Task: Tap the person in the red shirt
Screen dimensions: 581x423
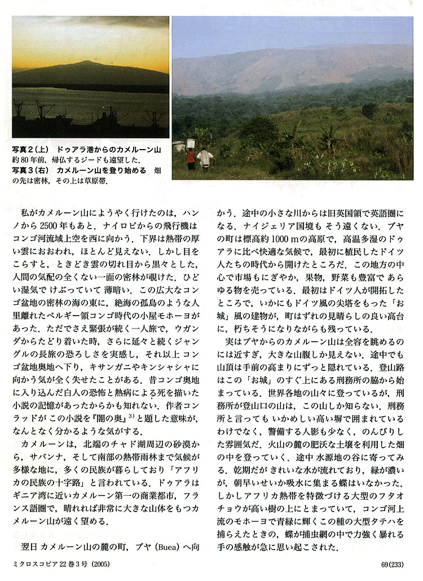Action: click(191, 159)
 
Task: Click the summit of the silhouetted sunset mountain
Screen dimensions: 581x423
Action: click(85, 62)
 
